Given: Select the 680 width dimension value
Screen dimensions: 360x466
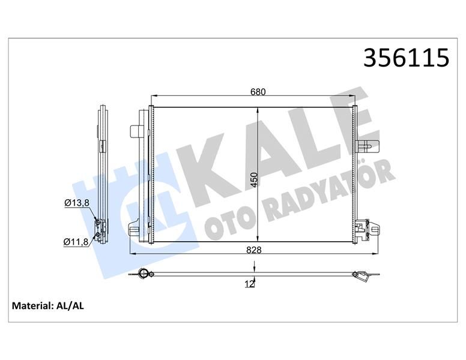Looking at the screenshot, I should click(x=258, y=92).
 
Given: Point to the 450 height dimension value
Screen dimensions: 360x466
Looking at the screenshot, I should click(x=254, y=179).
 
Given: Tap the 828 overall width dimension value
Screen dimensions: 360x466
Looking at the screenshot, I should click(x=253, y=251).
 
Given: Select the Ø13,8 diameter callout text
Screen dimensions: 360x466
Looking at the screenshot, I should click(x=76, y=203).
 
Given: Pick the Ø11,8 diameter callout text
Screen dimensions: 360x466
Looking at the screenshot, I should click(x=76, y=242).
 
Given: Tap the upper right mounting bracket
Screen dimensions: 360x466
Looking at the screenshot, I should click(x=367, y=144).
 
